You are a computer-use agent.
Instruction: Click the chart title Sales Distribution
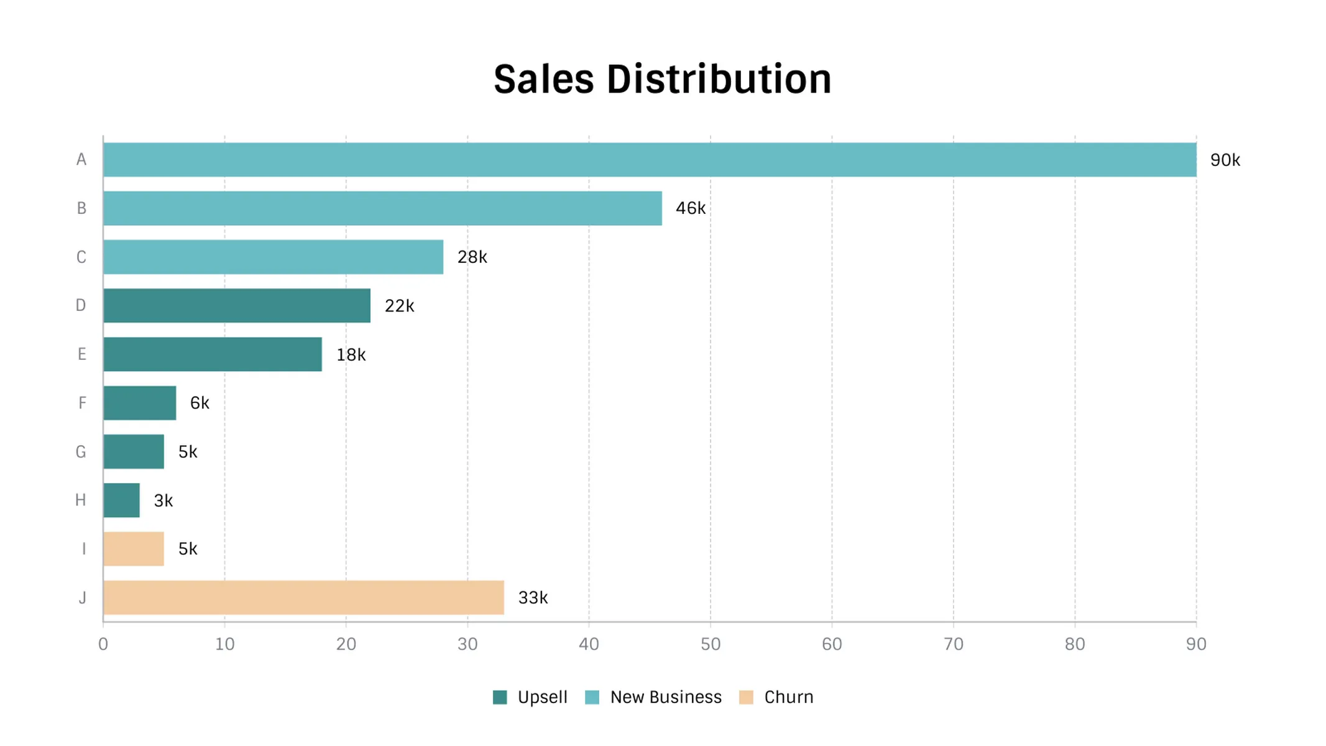point(662,80)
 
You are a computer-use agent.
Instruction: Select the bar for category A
point(650,160)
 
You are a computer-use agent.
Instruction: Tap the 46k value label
point(690,208)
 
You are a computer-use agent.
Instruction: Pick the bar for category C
point(273,257)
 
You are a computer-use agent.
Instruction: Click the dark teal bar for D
point(237,305)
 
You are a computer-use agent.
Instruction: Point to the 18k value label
point(351,354)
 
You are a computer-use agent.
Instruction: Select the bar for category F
point(140,403)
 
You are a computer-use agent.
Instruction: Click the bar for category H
point(122,500)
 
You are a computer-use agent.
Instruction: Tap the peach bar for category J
point(303,597)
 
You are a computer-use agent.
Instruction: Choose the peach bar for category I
point(134,549)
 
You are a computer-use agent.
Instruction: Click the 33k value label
point(533,597)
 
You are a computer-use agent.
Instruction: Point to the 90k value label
point(1225,160)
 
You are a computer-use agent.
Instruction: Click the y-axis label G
point(81,452)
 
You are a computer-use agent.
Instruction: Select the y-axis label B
point(81,208)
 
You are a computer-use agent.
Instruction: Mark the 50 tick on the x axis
point(711,644)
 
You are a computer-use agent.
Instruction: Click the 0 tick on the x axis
point(103,644)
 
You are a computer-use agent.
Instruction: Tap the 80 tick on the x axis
point(1075,644)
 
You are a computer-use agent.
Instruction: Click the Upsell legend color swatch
point(500,698)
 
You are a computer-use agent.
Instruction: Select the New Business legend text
point(666,698)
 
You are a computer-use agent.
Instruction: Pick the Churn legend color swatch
point(746,698)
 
